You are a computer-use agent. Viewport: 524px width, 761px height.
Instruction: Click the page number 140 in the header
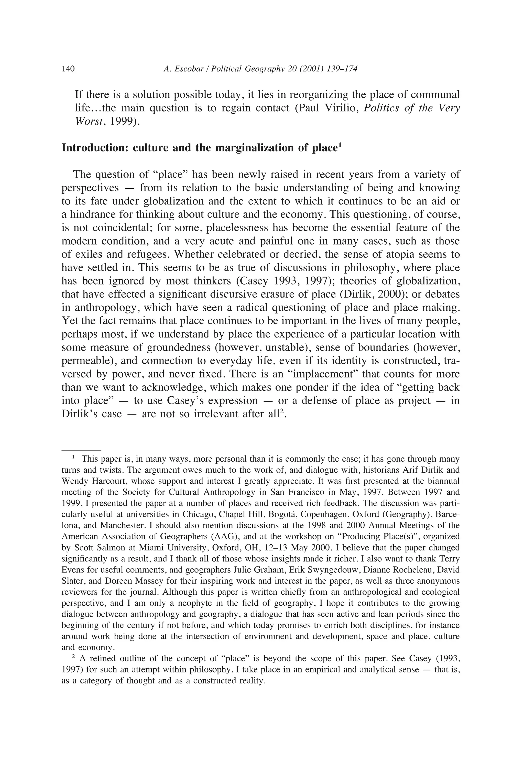coord(68,69)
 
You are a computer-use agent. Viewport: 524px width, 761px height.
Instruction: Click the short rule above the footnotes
coord(81,450)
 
